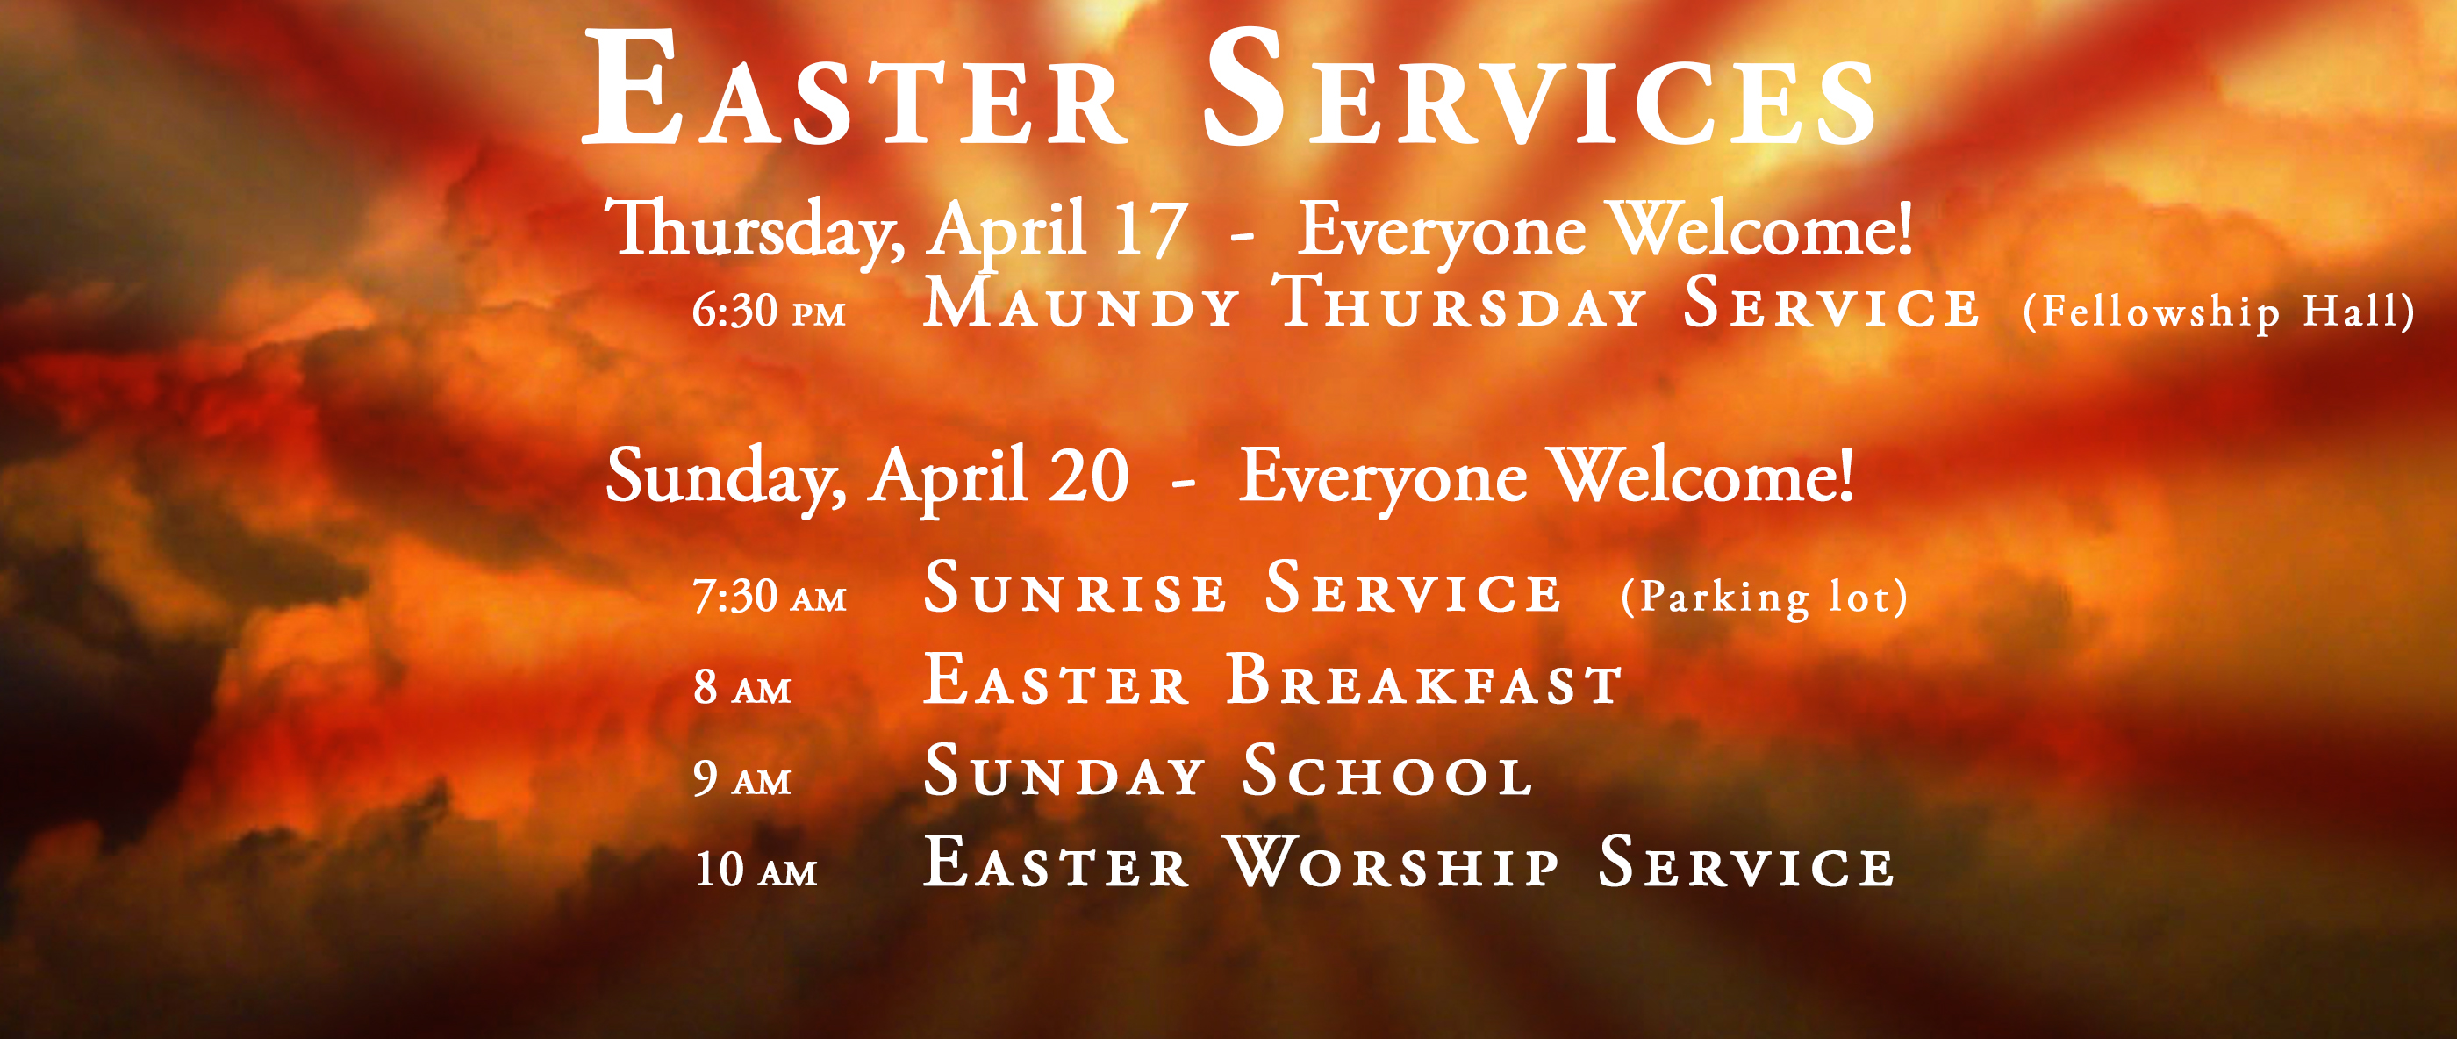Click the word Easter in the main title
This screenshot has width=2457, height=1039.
[x=854, y=88]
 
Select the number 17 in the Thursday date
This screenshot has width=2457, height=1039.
[x=1150, y=230]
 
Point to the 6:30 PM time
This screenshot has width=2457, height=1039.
[x=769, y=311]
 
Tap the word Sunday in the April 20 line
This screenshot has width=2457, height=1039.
[x=725, y=477]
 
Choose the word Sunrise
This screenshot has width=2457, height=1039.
[x=1075, y=587]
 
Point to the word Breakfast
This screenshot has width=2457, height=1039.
[x=1424, y=679]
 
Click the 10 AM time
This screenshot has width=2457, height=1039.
[x=756, y=869]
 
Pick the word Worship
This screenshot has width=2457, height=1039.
[x=1392, y=862]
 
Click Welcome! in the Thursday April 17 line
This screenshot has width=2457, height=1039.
[x=1761, y=229]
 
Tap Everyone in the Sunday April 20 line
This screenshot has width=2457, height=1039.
[x=1382, y=478]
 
